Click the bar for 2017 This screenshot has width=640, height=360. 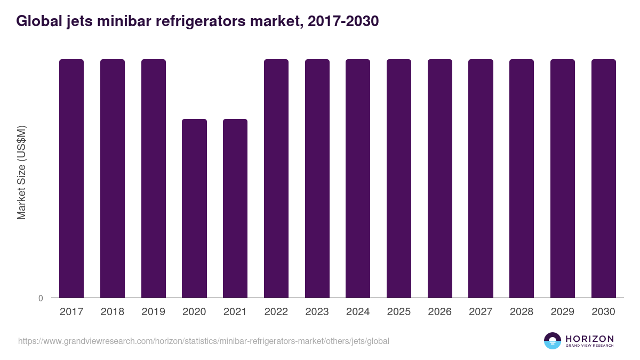point(71,178)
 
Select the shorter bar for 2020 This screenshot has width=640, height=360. point(194,208)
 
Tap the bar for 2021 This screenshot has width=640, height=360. point(235,208)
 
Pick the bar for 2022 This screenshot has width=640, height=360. point(276,178)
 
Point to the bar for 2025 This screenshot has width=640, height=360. point(399,178)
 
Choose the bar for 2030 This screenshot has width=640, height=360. point(603,178)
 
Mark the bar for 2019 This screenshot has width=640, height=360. point(154,178)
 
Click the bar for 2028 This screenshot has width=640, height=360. point(522,178)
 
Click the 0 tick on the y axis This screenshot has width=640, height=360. point(41,298)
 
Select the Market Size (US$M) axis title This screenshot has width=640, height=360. point(21,172)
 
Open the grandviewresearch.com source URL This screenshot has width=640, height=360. point(204,341)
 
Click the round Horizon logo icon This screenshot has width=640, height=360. point(553,341)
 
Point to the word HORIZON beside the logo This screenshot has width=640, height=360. point(589,339)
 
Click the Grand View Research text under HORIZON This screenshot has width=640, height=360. point(589,346)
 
